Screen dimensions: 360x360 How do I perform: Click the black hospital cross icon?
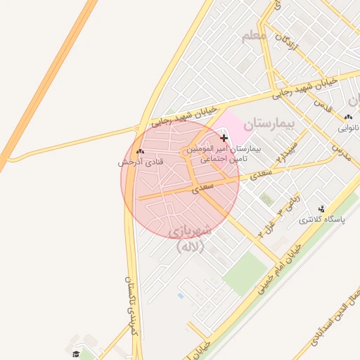[x=224, y=139]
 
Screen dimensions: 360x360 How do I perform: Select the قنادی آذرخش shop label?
[x=140, y=162]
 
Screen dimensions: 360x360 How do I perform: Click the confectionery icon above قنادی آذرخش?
[x=140, y=151]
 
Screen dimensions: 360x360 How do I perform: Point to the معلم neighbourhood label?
[x=254, y=35]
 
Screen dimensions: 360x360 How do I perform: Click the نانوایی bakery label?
[x=348, y=128]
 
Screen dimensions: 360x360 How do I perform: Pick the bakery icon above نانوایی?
[x=348, y=117]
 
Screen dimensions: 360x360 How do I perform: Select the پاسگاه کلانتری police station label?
[x=323, y=219]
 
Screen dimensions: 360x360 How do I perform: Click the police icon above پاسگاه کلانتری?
[x=322, y=209]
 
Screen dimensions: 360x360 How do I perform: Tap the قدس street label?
[x=323, y=105]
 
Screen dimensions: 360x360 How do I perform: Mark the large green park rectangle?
[x=246, y=273]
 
